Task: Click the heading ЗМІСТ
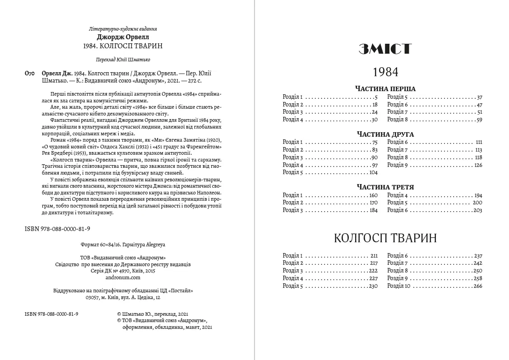pos(385,49)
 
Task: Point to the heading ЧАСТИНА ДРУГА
pos(385,134)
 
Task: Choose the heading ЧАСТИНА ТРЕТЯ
pos(385,187)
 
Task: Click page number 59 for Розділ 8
pos(479,120)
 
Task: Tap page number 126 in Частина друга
pos(478,165)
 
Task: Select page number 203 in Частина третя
pos(478,210)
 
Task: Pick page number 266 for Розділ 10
pos(478,286)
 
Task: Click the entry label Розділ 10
pos(398,286)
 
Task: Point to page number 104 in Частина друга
pos(373,172)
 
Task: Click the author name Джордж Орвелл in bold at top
pos(123,37)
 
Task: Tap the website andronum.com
pos(123,278)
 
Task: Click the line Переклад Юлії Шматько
pos(123,60)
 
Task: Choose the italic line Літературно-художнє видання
pos(123,28)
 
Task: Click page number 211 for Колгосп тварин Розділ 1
pos(373,255)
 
